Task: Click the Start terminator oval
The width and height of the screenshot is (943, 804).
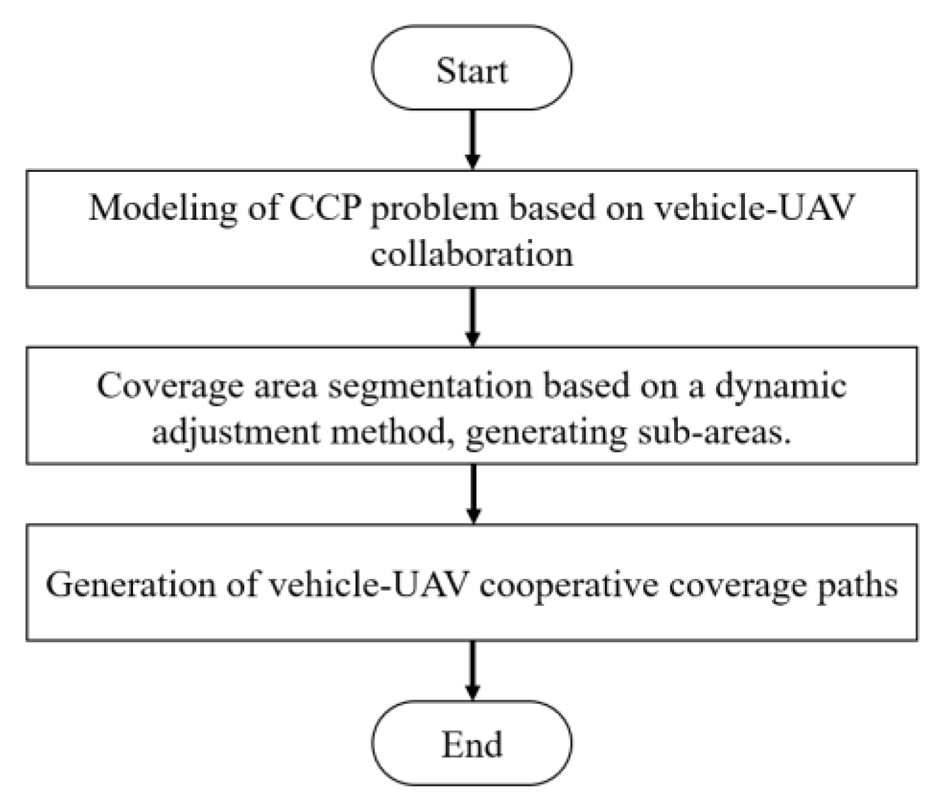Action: tap(471, 68)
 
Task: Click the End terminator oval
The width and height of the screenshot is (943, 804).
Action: tap(471, 743)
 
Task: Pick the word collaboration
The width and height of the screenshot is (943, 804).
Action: tap(471, 254)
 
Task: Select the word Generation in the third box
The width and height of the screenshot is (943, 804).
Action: tap(130, 584)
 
